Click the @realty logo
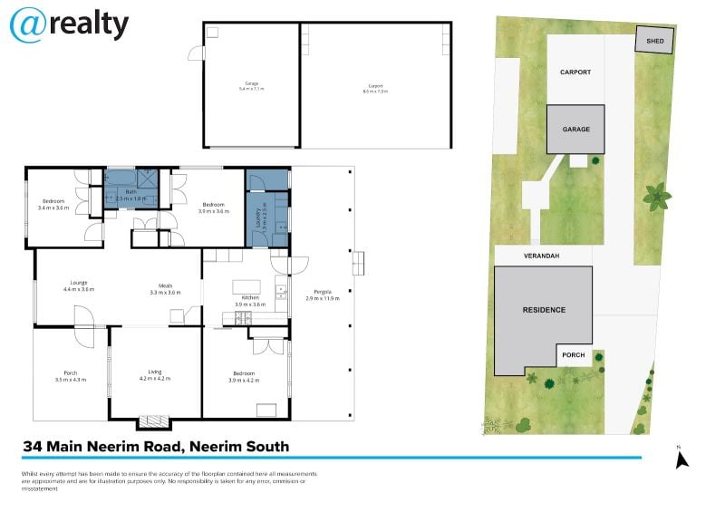pos(69,24)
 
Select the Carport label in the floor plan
pos(374,89)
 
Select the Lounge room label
pos(79,285)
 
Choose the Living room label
pos(155,373)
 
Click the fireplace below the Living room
pos(154,421)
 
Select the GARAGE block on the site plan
pos(575,130)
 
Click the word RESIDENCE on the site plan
pos(544,310)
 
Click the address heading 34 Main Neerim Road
pos(156,446)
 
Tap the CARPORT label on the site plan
pos(575,72)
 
